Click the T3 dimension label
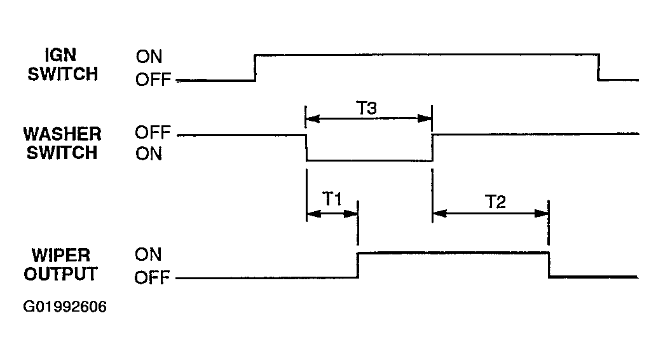tap(367, 108)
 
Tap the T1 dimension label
tap(332, 198)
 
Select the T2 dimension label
tap(495, 202)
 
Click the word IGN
tap(60, 55)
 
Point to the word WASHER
tap(62, 134)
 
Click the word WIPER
tap(61, 255)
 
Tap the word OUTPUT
tap(60, 273)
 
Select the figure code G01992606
tap(65, 307)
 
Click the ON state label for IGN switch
tap(149, 56)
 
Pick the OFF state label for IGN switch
tap(153, 79)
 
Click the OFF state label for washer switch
tap(153, 132)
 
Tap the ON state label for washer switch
tap(149, 153)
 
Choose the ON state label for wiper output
tap(148, 254)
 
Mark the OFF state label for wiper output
tap(152, 277)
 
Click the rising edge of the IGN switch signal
tap(255, 67)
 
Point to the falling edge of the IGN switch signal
tap(599, 67)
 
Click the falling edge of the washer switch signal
tap(306, 148)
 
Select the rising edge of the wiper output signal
tap(358, 265)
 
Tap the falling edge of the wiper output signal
tap(549, 265)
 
